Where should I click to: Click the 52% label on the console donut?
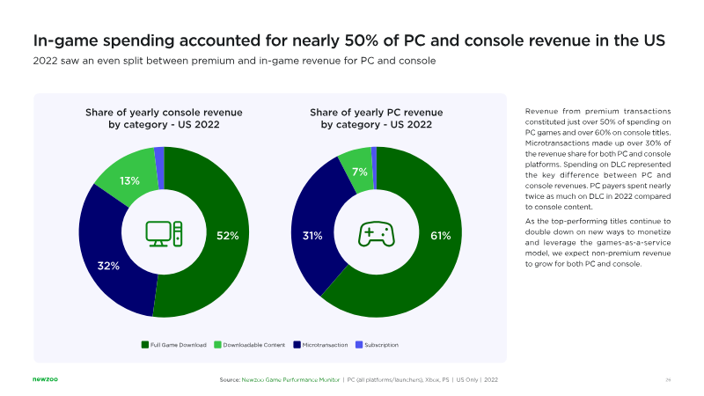[228, 235]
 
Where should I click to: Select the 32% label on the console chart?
[108, 265]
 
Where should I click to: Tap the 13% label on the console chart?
[130, 182]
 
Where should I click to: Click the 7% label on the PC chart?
[359, 172]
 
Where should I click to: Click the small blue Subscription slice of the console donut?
[159, 156]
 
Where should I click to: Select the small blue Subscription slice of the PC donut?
[374, 156]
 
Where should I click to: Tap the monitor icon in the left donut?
[165, 232]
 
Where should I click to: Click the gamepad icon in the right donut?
[376, 233]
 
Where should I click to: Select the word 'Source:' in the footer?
[230, 379]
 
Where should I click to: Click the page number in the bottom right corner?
[668, 379]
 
